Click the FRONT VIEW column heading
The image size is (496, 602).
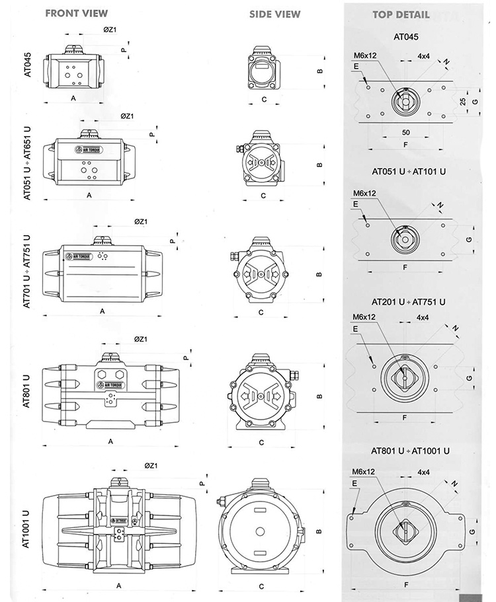(76, 13)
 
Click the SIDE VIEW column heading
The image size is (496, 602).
(274, 14)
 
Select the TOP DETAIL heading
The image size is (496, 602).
(400, 14)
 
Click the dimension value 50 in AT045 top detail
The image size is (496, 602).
(405, 133)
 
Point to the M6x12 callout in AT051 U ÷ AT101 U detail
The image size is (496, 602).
(364, 193)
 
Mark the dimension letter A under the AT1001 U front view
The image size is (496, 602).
(118, 585)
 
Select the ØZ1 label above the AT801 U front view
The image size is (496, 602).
(140, 338)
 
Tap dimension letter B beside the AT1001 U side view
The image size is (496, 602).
(319, 531)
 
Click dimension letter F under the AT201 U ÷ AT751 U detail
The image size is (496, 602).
(403, 418)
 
